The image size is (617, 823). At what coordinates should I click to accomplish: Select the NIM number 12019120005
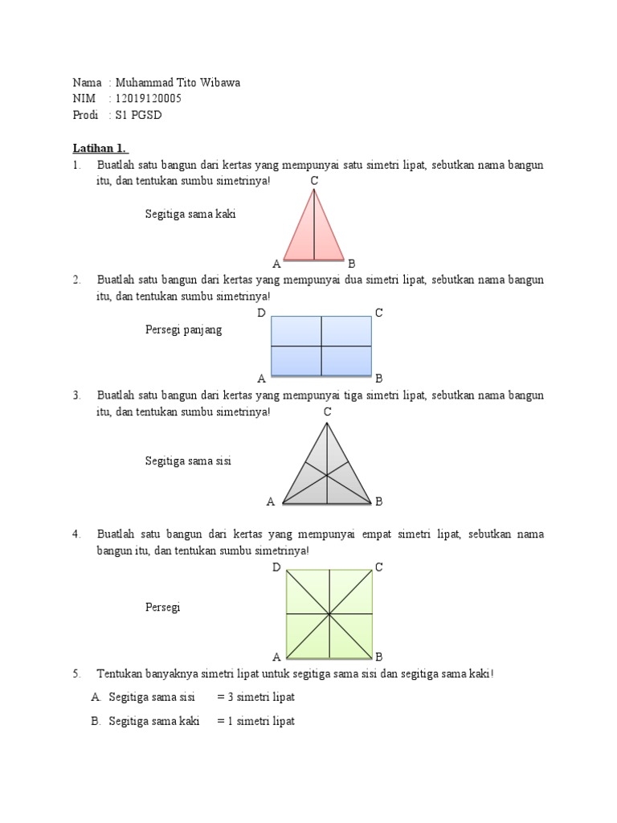(149, 99)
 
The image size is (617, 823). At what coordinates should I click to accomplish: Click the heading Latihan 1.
(100, 149)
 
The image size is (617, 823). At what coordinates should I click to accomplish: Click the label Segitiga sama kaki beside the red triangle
(190, 215)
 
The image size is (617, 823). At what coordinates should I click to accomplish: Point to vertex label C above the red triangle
(315, 181)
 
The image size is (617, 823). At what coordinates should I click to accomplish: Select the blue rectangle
(321, 346)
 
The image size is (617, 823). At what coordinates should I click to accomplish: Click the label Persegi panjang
(183, 330)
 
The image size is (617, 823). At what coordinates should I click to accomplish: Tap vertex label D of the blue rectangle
(261, 313)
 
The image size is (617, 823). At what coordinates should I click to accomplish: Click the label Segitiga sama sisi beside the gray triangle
(188, 461)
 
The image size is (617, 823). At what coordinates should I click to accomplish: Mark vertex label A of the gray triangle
(271, 502)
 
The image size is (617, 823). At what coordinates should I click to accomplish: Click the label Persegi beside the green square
(163, 608)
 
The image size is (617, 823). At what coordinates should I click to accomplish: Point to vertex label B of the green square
(379, 656)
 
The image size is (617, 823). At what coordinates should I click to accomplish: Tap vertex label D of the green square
(276, 567)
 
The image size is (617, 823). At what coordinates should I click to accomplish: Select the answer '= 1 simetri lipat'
(256, 721)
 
